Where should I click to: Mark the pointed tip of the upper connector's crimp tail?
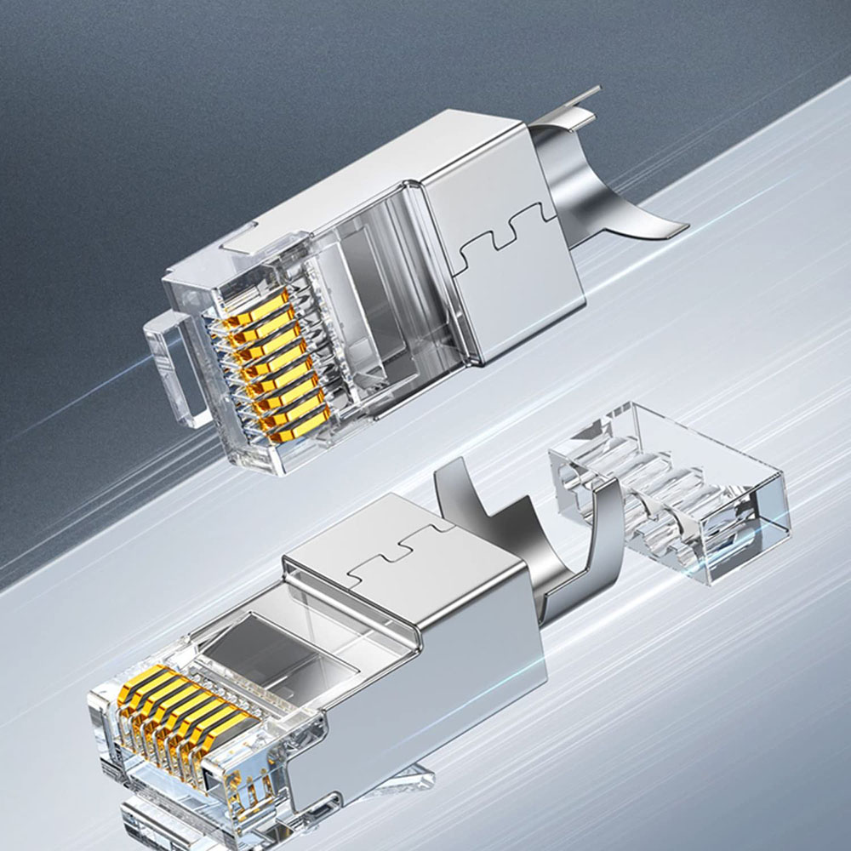click(681, 230)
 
